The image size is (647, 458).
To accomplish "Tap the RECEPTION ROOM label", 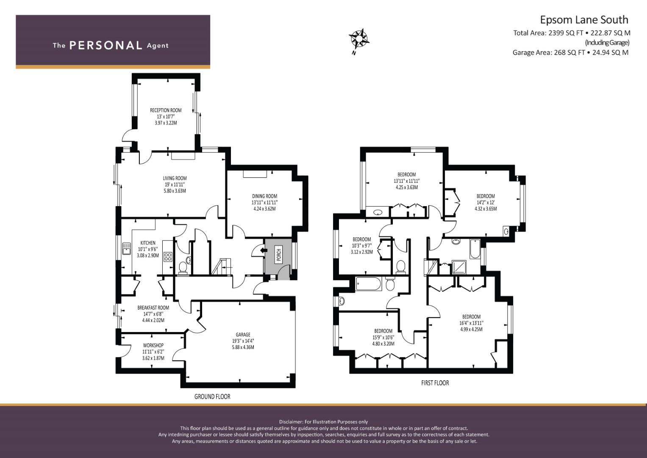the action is point(166,110).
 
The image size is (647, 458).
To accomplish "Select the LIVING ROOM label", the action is point(175,179).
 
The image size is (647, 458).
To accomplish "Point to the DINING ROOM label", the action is point(264,196).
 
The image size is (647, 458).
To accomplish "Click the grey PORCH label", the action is point(278,255).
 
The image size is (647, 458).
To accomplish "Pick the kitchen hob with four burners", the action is point(168,257).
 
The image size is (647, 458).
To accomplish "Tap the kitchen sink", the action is point(127,249).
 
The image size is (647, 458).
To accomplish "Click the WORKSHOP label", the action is point(153,345).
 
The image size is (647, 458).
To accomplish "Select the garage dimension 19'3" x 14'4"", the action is point(243,341).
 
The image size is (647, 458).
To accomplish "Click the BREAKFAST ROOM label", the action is point(153,307).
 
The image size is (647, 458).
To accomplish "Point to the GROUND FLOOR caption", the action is point(212,397).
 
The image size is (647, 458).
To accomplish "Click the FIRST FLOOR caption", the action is point(435,383).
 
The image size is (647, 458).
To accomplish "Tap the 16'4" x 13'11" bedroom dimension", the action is point(472,323).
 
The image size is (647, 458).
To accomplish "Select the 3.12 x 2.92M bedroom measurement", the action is point(362,252).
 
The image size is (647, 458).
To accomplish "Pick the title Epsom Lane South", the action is point(584,20).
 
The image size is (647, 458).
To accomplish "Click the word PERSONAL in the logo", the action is point(106,45).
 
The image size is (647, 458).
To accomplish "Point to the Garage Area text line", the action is point(570,53).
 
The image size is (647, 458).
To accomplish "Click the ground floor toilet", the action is point(183,268).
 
